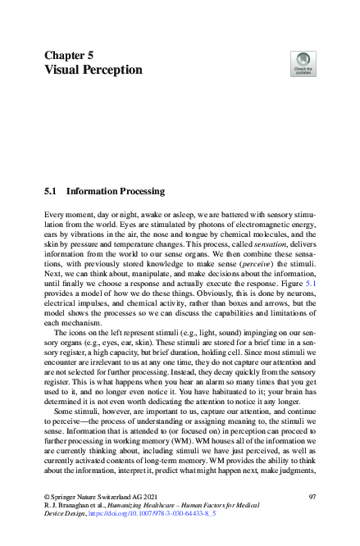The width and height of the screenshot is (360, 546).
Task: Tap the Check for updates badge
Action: click(x=303, y=64)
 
